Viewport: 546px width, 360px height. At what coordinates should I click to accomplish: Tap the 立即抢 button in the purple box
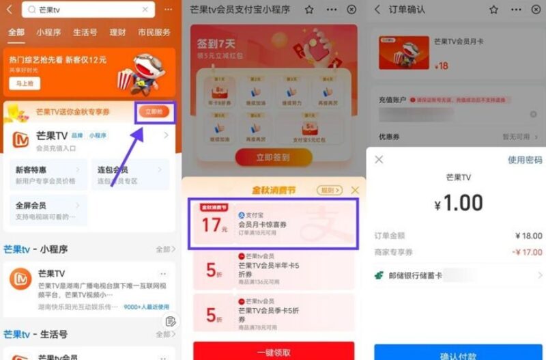pos(155,111)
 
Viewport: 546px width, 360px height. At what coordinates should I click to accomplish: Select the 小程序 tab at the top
pos(49,32)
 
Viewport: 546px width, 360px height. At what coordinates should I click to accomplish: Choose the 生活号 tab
pos(85,32)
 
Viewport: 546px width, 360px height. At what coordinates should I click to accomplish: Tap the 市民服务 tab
pos(154,32)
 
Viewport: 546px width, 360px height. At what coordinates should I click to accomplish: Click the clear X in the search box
pos(144,10)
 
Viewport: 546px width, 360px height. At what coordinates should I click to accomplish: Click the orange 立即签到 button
pos(273,157)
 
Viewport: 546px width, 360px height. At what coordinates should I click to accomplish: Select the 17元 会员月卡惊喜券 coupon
pos(273,222)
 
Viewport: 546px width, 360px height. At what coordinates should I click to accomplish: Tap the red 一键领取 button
pos(273,351)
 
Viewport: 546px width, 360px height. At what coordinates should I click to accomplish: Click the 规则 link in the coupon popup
pos(329,190)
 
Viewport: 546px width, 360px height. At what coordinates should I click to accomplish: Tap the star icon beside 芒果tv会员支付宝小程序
pos(309,10)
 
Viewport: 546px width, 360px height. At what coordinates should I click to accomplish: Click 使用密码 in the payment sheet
pos(525,160)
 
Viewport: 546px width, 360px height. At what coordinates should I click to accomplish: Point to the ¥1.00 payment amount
pos(458,202)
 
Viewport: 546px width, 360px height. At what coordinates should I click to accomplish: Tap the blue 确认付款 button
pos(458,352)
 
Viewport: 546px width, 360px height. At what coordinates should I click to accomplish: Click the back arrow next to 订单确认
pos(378,10)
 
